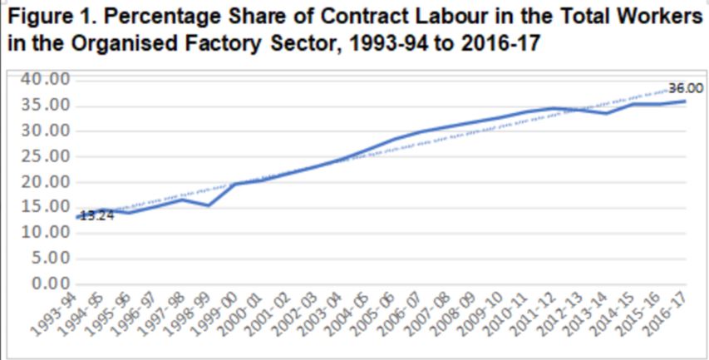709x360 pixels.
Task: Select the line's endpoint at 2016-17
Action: click(x=686, y=101)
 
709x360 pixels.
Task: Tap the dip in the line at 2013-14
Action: click(x=607, y=113)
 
